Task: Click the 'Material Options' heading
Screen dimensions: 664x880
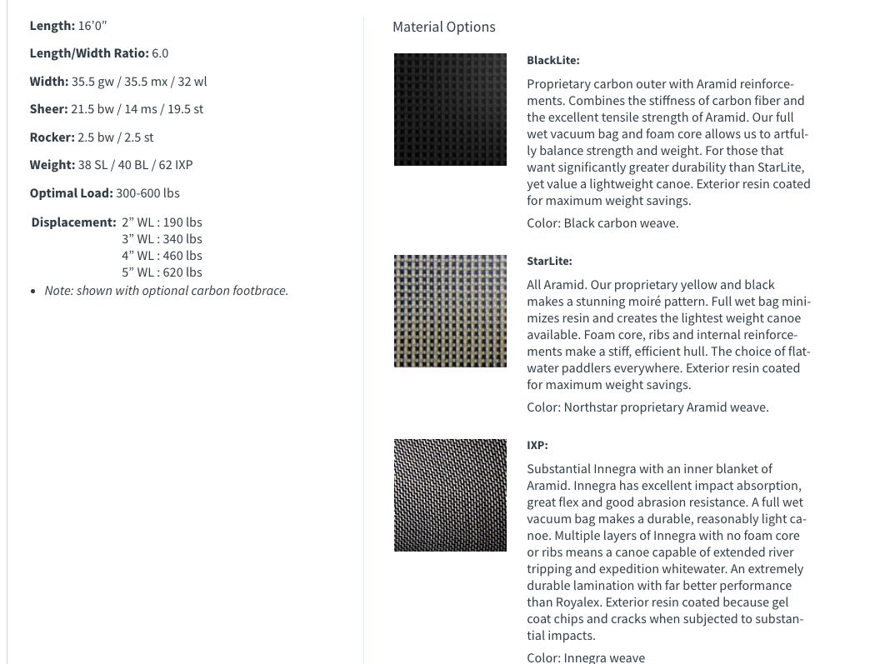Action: tap(443, 27)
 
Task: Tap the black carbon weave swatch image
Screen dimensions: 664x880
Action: tap(450, 109)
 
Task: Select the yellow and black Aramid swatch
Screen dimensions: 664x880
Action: tap(450, 311)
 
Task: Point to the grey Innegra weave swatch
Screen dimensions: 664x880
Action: tap(450, 495)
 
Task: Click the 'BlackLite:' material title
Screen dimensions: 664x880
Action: tap(552, 60)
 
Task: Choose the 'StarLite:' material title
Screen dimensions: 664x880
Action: tap(549, 261)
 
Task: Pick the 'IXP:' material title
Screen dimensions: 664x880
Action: tap(537, 445)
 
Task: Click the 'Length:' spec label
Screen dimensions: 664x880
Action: tap(52, 26)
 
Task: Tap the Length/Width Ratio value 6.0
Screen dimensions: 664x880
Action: tap(160, 53)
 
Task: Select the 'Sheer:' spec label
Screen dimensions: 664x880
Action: tap(48, 109)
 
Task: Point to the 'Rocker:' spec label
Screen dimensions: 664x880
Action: tap(52, 137)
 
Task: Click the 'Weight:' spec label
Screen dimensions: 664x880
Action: tap(52, 165)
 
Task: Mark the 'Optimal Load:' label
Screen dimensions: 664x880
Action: tap(71, 193)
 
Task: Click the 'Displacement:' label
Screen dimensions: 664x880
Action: tap(73, 222)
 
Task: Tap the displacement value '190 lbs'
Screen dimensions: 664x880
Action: tap(182, 222)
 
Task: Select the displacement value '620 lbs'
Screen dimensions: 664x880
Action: tap(182, 272)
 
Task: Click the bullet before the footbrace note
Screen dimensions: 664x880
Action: tap(32, 292)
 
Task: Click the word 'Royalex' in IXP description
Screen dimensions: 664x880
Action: tap(578, 602)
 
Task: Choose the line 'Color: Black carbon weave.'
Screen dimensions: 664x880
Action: tap(602, 223)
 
